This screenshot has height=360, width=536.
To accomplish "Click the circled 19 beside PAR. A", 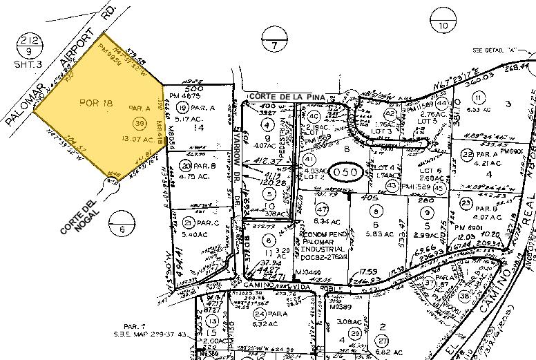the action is (182, 107).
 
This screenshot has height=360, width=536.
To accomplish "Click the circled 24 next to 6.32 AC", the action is (259, 294).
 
